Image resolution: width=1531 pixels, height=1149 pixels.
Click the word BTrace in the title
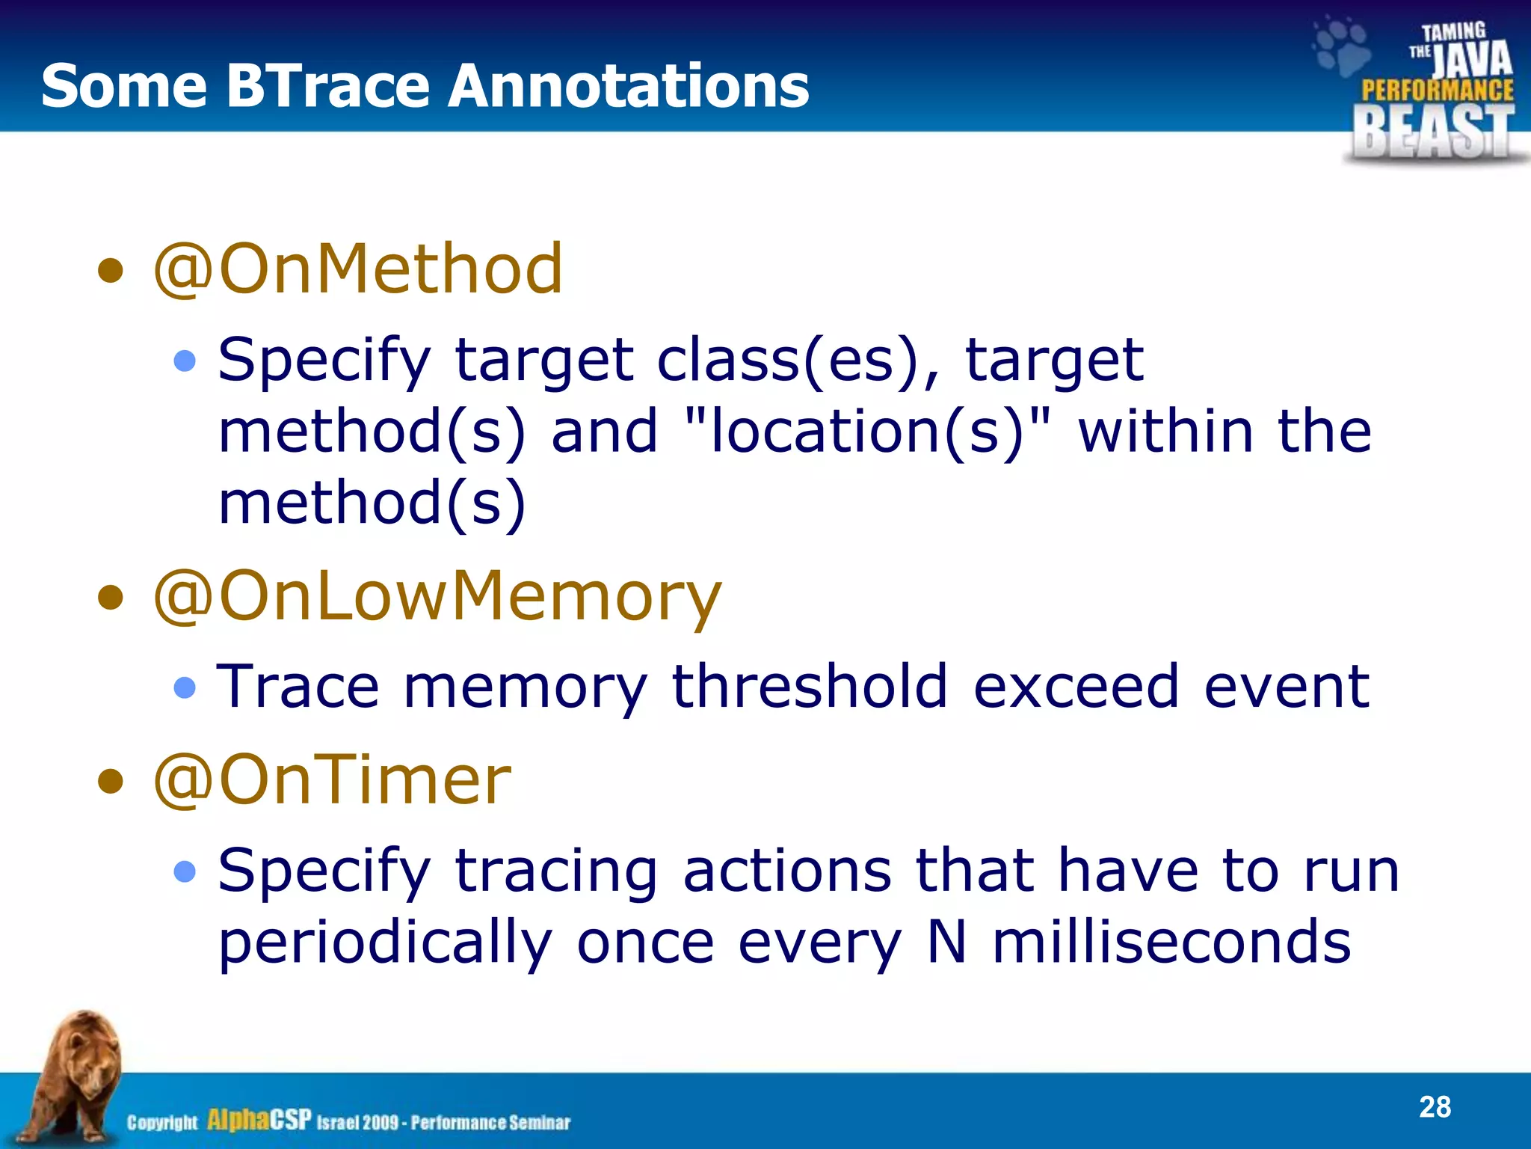point(327,85)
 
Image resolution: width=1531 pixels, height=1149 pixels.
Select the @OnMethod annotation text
point(357,269)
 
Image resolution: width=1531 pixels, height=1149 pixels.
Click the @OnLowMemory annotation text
point(437,597)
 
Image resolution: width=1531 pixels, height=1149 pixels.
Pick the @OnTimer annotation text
point(332,780)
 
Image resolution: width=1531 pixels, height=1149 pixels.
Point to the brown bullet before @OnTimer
point(111,782)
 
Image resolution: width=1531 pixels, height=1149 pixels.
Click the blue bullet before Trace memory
point(185,687)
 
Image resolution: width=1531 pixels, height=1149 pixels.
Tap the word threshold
point(810,686)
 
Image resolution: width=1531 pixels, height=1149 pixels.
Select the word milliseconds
point(1171,942)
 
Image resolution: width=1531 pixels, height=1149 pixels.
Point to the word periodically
point(385,943)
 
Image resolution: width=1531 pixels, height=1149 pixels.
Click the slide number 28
point(1435,1107)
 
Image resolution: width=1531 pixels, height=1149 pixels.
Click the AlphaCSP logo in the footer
point(259,1120)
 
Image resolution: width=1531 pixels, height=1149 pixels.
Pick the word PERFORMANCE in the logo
point(1437,91)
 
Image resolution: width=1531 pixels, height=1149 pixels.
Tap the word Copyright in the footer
point(162,1122)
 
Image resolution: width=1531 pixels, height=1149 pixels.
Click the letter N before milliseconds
point(946,942)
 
